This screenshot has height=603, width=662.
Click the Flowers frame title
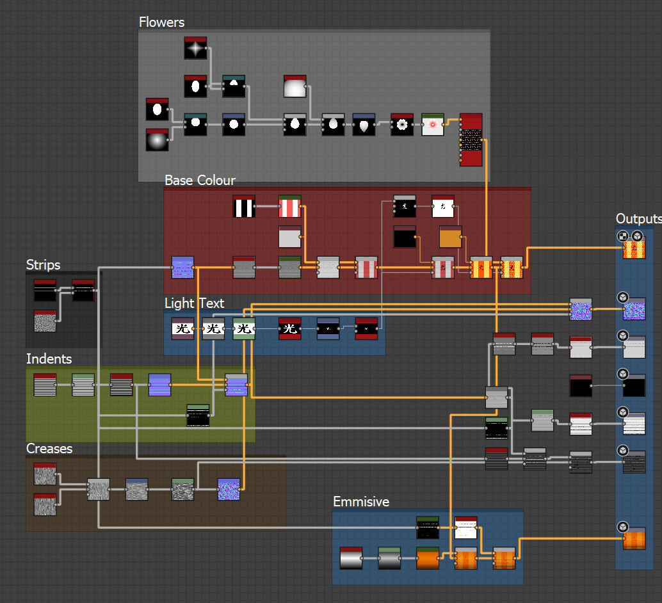coord(161,22)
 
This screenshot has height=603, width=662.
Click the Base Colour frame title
coord(200,181)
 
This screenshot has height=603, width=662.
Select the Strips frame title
coord(43,265)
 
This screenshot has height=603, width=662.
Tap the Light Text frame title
coord(194,303)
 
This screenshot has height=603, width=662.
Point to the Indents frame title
coord(49,359)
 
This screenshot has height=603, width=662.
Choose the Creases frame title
coord(49,449)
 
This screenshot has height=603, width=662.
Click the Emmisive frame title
coord(361,502)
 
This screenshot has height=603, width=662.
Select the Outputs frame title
coord(638,219)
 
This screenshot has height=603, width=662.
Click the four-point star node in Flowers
coord(195,48)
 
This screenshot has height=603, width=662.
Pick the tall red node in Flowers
coord(471,140)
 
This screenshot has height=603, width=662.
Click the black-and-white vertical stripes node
coord(244,207)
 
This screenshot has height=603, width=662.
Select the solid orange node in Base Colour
coord(450,237)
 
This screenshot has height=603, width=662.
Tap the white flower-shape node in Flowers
coord(402,125)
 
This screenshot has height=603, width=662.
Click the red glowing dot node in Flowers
coord(433,125)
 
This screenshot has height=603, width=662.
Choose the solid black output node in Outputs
coord(634,386)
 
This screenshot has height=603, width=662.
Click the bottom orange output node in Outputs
coord(634,538)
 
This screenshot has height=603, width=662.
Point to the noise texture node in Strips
coord(45,321)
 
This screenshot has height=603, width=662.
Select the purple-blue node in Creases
coord(229,490)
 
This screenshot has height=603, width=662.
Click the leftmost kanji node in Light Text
coord(182,329)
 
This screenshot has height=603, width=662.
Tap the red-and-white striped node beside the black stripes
coord(289,207)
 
